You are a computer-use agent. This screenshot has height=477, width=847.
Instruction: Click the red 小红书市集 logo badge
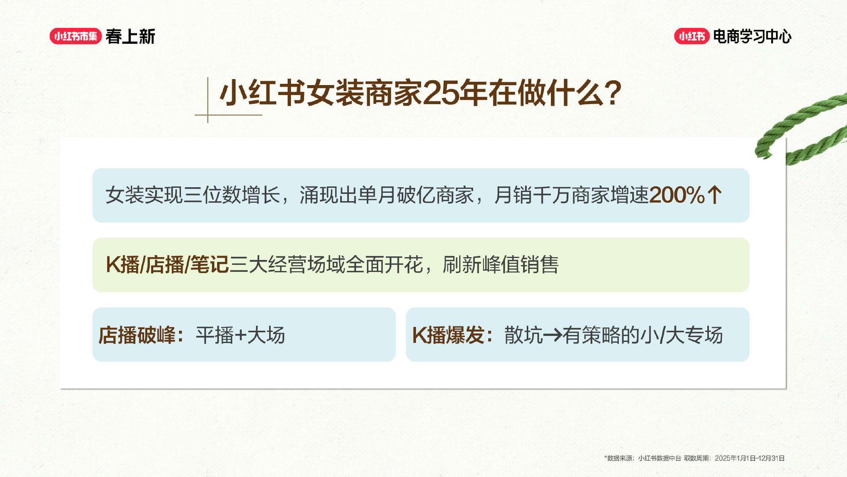(75, 37)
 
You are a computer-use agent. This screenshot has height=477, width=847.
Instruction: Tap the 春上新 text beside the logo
(130, 37)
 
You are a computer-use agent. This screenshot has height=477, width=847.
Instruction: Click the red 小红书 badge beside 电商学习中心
(691, 37)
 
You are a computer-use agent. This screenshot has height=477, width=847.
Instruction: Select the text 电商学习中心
(752, 37)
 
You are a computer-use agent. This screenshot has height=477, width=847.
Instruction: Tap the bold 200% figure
(677, 195)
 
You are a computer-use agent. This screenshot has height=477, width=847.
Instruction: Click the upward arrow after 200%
(714, 195)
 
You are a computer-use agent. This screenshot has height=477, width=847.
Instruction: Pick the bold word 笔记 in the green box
(209, 265)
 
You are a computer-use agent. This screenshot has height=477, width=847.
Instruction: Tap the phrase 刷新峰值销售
(500, 265)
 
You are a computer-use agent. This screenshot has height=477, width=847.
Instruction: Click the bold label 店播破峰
(137, 335)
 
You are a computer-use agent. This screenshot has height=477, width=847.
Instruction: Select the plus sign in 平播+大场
(241, 335)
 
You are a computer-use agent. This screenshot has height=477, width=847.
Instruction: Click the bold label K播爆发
(448, 335)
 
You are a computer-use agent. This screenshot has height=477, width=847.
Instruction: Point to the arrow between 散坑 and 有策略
(552, 335)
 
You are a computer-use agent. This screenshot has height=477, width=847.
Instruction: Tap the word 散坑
(523, 335)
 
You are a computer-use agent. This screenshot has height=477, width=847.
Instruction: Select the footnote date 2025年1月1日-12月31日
(749, 458)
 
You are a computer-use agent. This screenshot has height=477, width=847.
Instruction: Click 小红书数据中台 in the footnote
(659, 458)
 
